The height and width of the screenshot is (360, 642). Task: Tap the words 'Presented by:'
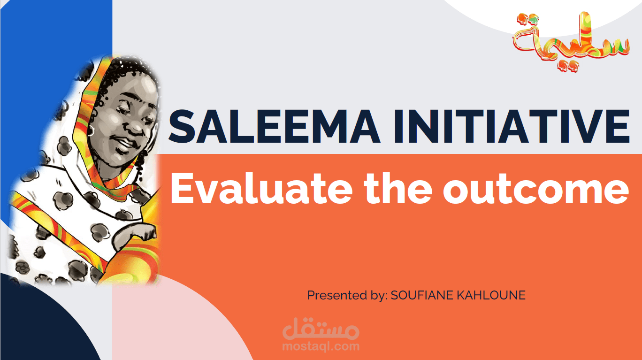pyautogui.click(x=347, y=295)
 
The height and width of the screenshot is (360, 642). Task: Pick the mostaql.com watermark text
pyautogui.click(x=321, y=347)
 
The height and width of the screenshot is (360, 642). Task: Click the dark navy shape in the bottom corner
pyautogui.click(x=38, y=324)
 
